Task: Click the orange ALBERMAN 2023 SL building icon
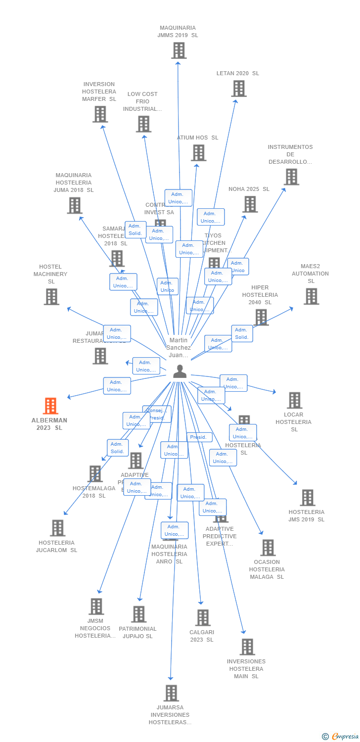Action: pos(50,406)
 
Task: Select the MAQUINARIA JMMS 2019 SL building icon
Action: pos(179,50)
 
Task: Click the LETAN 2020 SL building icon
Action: pos(238,89)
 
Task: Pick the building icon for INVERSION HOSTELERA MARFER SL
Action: pos(100,114)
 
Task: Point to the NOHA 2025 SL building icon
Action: pos(250,204)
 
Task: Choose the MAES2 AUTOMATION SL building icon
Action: pos(311,296)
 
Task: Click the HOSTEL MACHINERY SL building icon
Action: pos(51,297)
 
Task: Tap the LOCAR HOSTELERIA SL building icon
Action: pos(294,400)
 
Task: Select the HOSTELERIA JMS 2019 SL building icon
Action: pos(307,498)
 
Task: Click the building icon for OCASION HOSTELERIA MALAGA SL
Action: pos(268,548)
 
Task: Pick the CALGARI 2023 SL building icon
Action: pos(203,617)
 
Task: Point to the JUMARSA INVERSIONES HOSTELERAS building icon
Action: pos(171,693)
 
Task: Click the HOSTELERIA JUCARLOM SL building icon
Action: pos(57,528)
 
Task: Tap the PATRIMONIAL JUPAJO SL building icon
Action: pos(138,614)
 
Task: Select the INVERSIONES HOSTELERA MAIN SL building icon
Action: pos(247,647)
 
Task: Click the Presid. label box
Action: pos(199,437)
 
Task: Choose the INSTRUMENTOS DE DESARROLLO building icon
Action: pos(291,177)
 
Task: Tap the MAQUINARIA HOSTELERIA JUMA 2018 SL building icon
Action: pos(74,205)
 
